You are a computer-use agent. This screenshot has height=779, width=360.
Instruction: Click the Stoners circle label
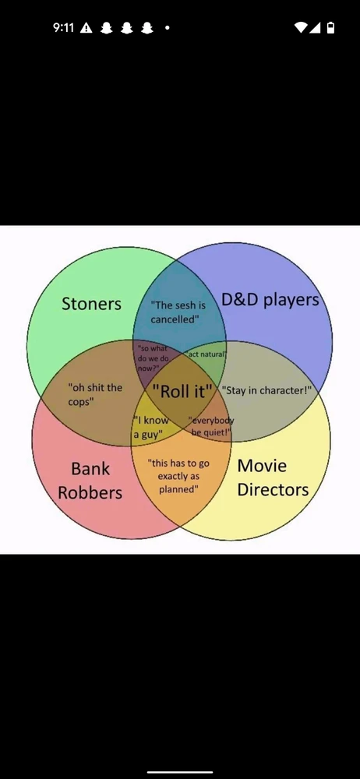point(91,304)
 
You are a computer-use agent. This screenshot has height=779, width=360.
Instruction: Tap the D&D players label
point(270,300)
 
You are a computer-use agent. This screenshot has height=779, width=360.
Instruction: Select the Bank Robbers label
point(90,481)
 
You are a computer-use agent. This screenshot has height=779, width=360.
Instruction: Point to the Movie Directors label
point(273,478)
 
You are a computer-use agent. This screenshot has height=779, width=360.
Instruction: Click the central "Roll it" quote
point(182,391)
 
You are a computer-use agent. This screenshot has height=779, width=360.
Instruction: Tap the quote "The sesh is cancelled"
point(178,312)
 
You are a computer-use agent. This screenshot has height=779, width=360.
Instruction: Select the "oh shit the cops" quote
point(95,394)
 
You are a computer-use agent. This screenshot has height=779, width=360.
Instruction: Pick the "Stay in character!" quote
point(266,390)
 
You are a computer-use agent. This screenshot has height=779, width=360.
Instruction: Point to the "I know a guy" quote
point(151,427)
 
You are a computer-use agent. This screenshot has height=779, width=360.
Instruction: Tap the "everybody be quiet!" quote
point(211,426)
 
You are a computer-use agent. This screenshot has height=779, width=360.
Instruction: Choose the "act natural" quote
point(206,354)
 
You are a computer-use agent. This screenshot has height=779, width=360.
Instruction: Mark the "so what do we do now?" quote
point(153,358)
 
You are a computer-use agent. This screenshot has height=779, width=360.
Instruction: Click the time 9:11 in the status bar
point(63,28)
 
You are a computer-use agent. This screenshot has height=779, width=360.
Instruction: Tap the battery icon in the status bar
point(330,28)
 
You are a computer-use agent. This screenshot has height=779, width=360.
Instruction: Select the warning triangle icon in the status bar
point(86,28)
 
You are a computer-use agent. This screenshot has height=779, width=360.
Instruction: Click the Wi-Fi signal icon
point(301,28)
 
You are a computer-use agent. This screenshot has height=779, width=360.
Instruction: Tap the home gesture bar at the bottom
point(180,772)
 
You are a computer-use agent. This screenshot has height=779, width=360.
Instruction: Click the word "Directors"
point(273,489)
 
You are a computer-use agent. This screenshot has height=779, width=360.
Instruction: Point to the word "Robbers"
point(90,492)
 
